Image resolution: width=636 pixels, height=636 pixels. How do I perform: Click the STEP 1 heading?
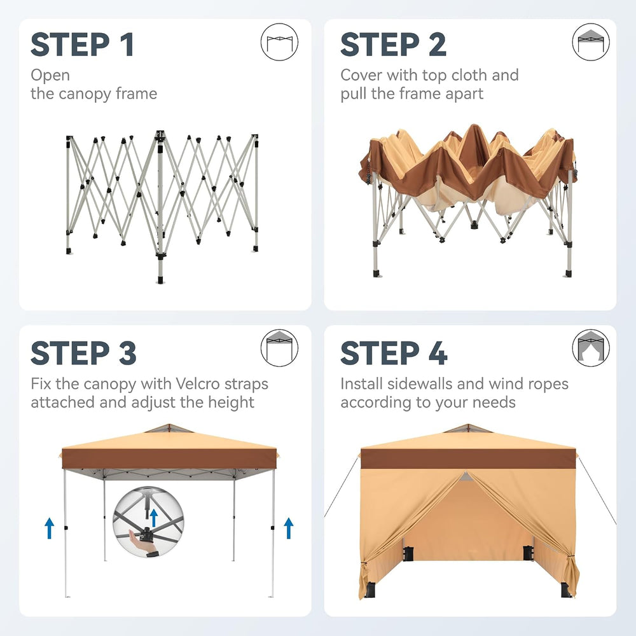pyautogui.click(x=82, y=45)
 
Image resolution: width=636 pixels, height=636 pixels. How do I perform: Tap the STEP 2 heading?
pyautogui.click(x=393, y=45)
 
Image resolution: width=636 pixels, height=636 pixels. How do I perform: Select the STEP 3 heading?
pyautogui.click(x=83, y=353)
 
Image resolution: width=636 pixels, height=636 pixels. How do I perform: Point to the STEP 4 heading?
pyautogui.click(x=394, y=353)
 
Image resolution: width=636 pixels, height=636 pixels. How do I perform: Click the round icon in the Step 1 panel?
pyautogui.click(x=279, y=42)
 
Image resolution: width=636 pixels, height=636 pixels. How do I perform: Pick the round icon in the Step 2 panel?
pyautogui.click(x=591, y=42)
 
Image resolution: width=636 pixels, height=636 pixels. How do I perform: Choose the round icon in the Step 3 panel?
pyautogui.click(x=279, y=348)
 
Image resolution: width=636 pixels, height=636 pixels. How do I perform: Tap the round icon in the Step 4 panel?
pyautogui.click(x=591, y=348)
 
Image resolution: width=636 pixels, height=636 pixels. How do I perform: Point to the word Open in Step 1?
pyautogui.click(x=50, y=76)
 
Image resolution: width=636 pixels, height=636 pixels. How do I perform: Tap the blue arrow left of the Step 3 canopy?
pyautogui.click(x=49, y=528)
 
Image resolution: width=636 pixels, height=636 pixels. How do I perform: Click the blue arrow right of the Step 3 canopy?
pyautogui.click(x=288, y=528)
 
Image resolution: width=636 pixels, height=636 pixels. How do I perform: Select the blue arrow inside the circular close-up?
pyautogui.click(x=153, y=518)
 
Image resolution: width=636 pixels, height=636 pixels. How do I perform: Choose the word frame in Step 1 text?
pyautogui.click(x=136, y=93)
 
